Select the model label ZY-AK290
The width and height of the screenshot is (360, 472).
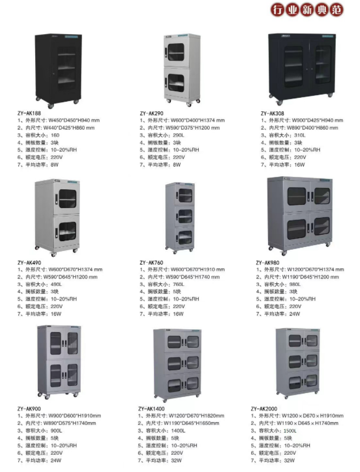(151, 113)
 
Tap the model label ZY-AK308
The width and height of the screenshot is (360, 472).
(273, 113)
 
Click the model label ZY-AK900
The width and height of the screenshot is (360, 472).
(30, 408)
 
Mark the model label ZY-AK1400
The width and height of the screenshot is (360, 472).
(152, 408)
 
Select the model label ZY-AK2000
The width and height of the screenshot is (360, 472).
(264, 408)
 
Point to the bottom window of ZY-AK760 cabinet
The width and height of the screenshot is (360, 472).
(184, 237)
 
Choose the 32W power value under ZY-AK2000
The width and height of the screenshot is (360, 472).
(289, 460)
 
